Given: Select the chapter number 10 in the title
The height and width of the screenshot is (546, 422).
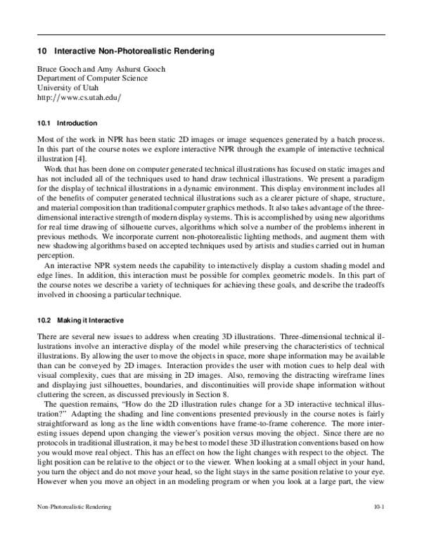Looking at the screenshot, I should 41,52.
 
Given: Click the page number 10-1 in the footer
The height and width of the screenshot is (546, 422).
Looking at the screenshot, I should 379,526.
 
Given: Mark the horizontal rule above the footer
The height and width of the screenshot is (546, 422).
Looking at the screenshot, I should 211,519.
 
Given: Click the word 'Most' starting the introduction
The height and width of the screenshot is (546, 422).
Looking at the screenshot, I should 46,141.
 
